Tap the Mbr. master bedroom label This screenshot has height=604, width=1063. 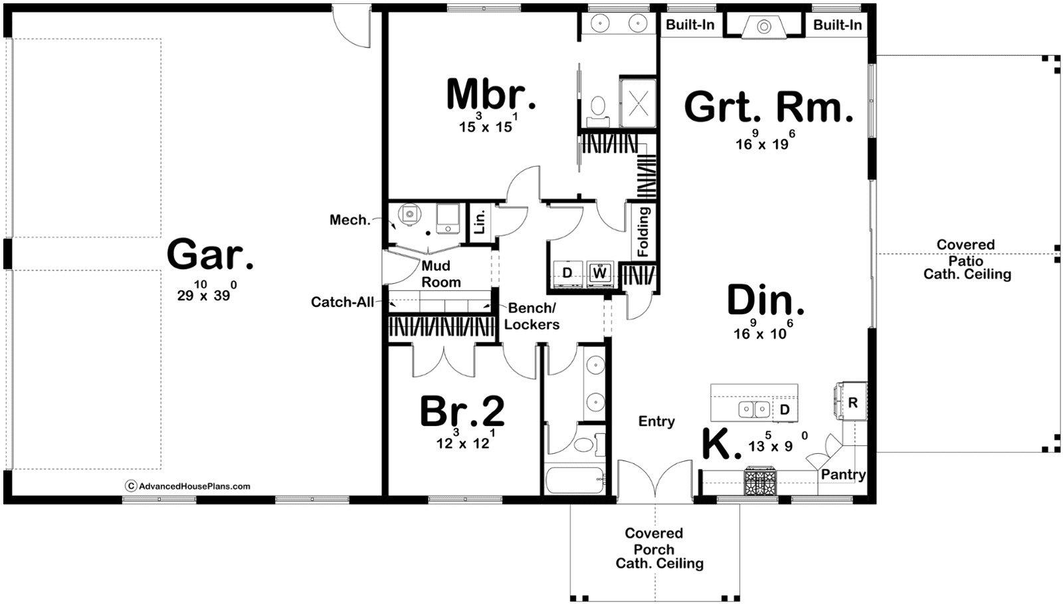(491, 95)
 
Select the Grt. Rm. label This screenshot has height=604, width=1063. (769, 108)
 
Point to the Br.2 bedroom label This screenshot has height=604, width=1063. (462, 411)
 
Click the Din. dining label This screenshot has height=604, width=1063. (765, 300)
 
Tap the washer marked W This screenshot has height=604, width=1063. (600, 273)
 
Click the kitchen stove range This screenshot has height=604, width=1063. (760, 481)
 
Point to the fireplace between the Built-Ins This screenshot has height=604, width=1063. (764, 26)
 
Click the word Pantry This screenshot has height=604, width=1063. (843, 474)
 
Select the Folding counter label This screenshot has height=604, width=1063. (643, 232)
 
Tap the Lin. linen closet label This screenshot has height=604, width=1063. (480, 222)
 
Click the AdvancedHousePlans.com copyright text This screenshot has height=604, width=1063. (188, 486)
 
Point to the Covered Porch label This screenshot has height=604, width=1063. (654, 542)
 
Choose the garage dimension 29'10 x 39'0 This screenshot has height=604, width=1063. (207, 291)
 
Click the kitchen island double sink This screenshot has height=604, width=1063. (754, 409)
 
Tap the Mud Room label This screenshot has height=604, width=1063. (441, 274)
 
